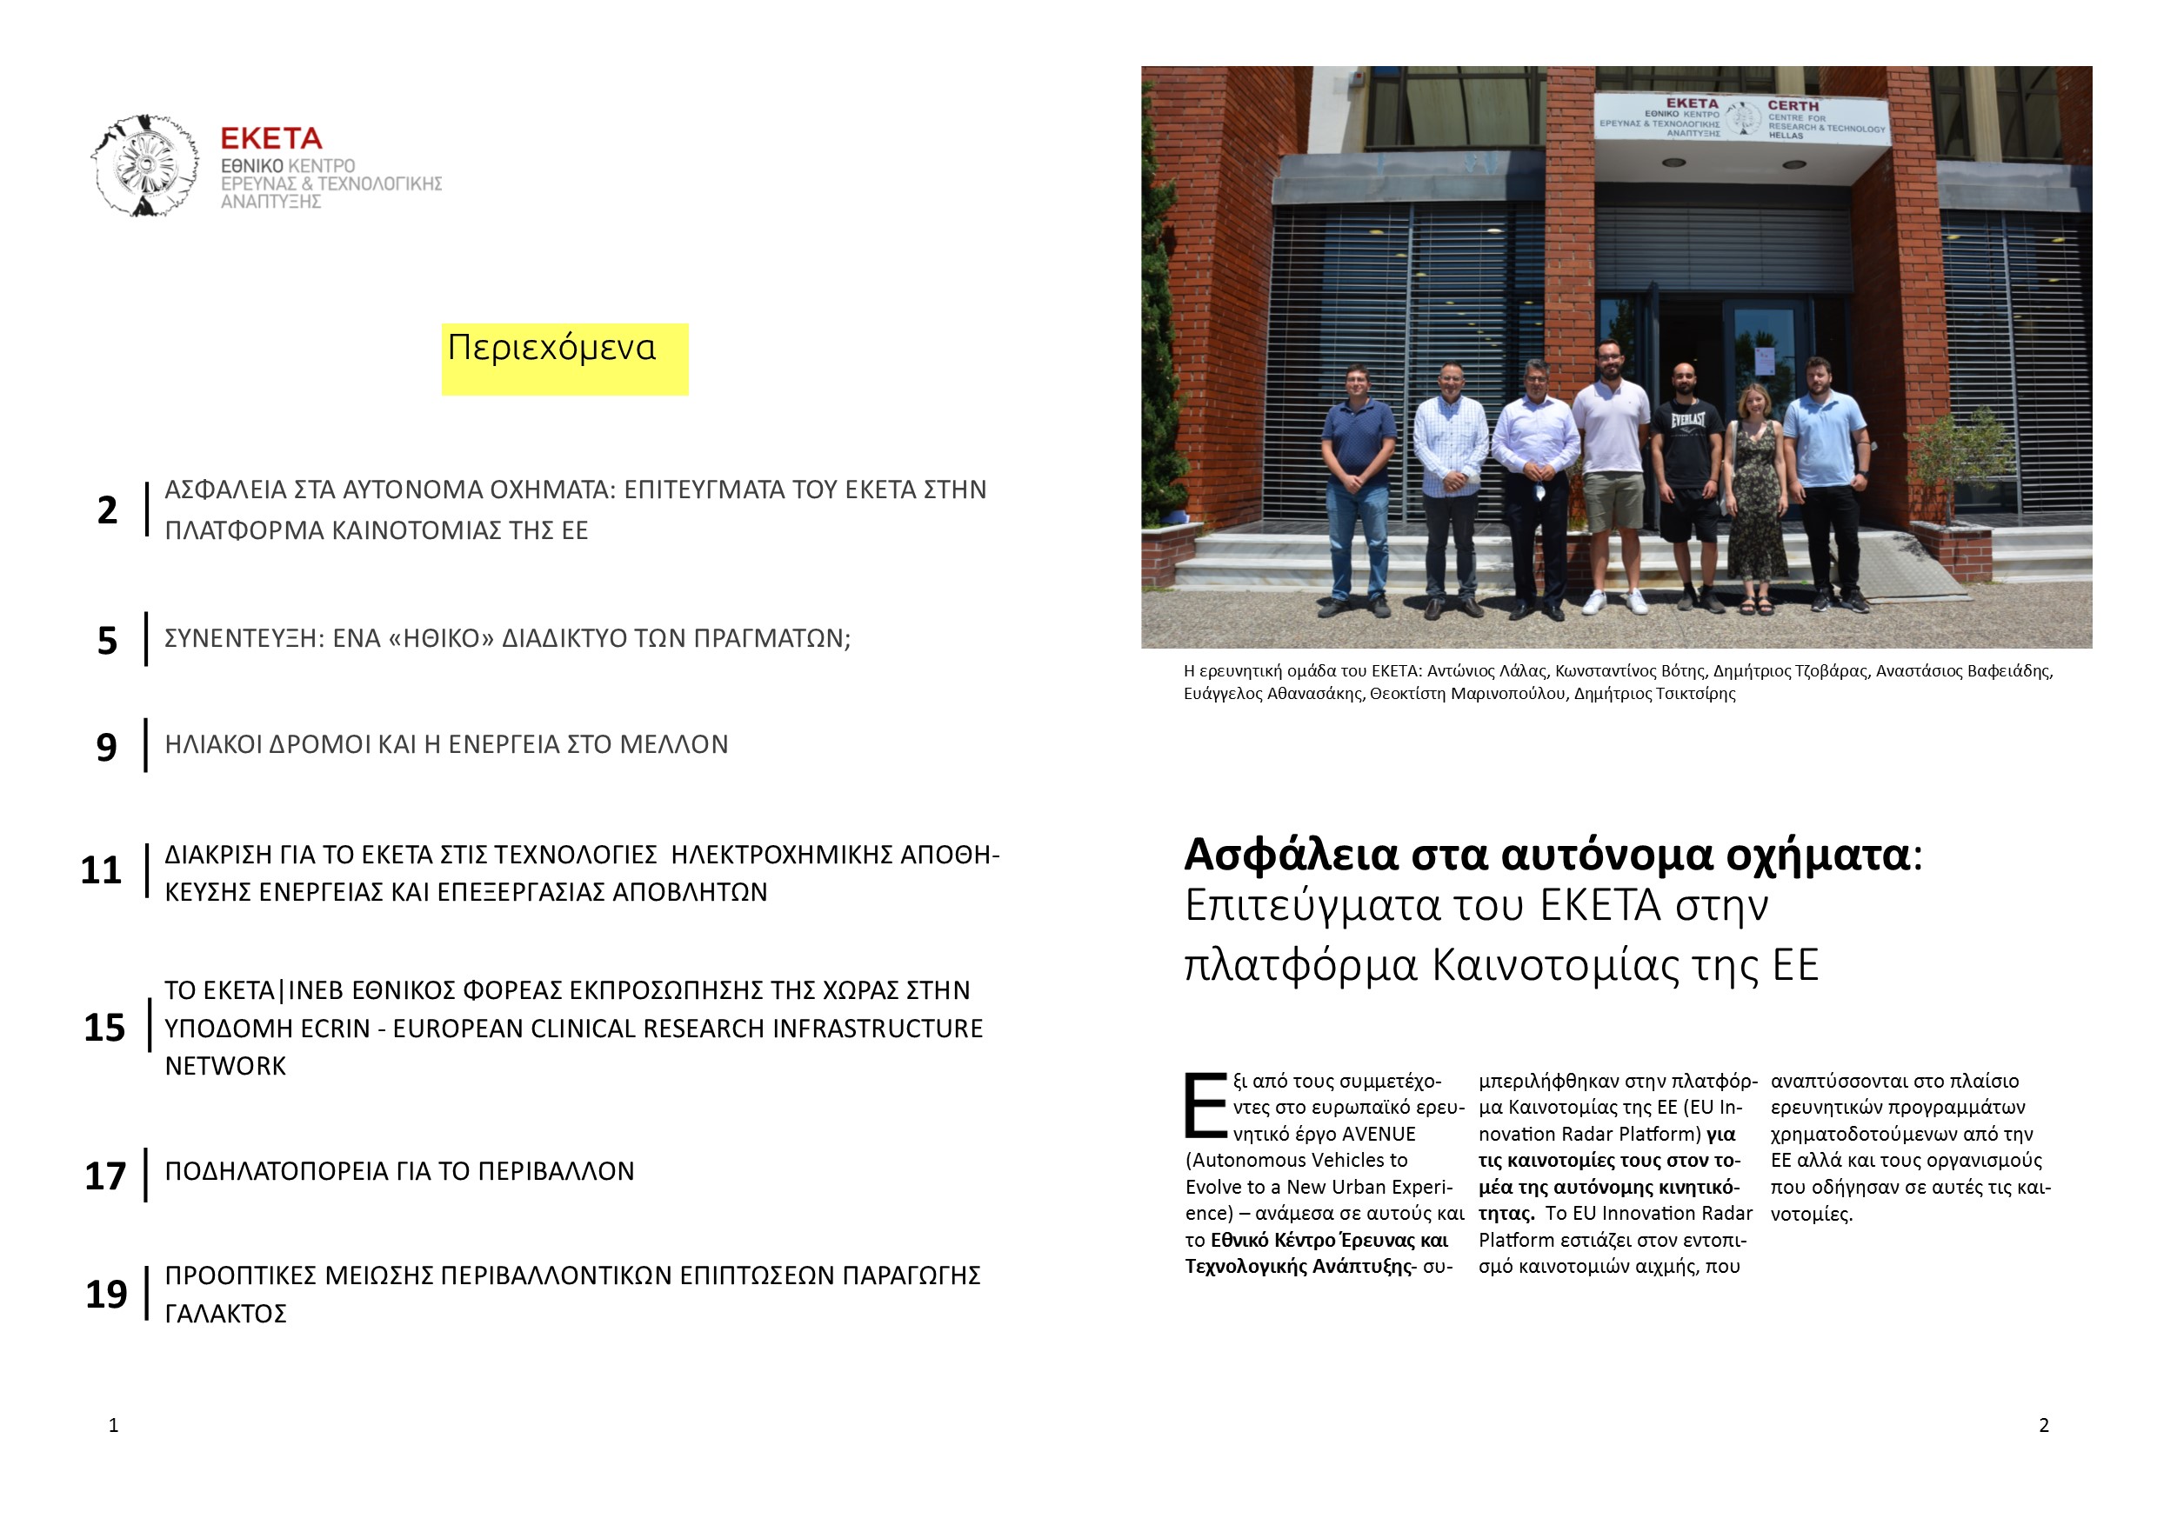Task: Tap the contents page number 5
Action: [107, 641]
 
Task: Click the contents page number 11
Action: [101, 869]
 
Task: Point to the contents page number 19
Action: [106, 1294]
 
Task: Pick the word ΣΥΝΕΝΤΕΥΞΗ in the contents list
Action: [243, 638]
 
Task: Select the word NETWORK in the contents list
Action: [224, 1066]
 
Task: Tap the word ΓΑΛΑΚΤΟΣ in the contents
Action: [225, 1313]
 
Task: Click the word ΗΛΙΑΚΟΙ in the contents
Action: [214, 744]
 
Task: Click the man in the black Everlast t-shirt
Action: [1689, 479]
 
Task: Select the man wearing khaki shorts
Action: [1613, 479]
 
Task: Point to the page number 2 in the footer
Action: [2043, 1424]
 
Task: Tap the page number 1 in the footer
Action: [114, 1424]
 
